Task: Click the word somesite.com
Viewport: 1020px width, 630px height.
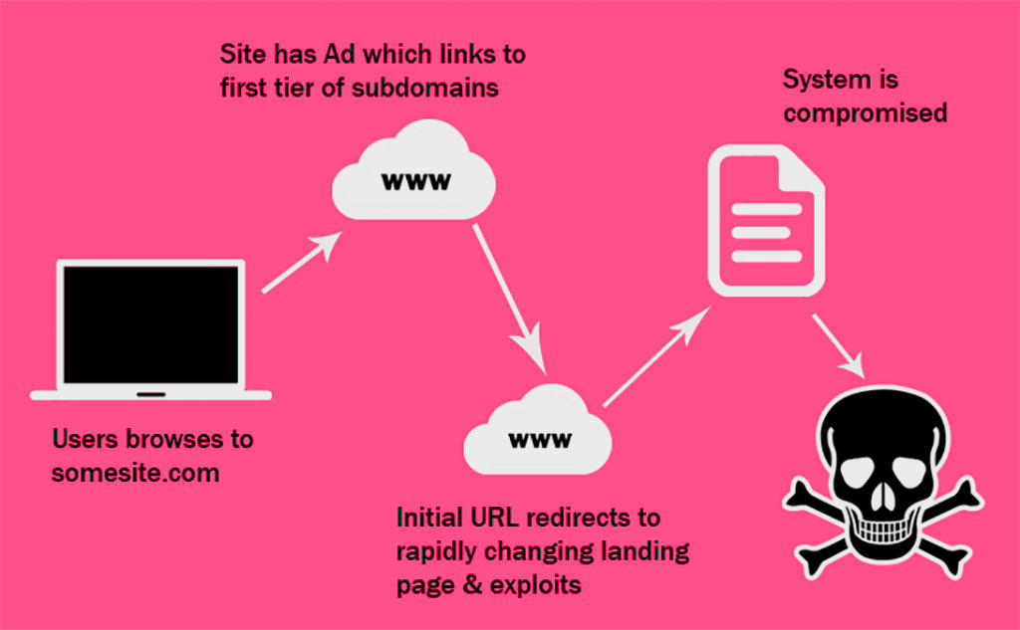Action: [135, 472]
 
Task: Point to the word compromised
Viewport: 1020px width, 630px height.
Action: [865, 112]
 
